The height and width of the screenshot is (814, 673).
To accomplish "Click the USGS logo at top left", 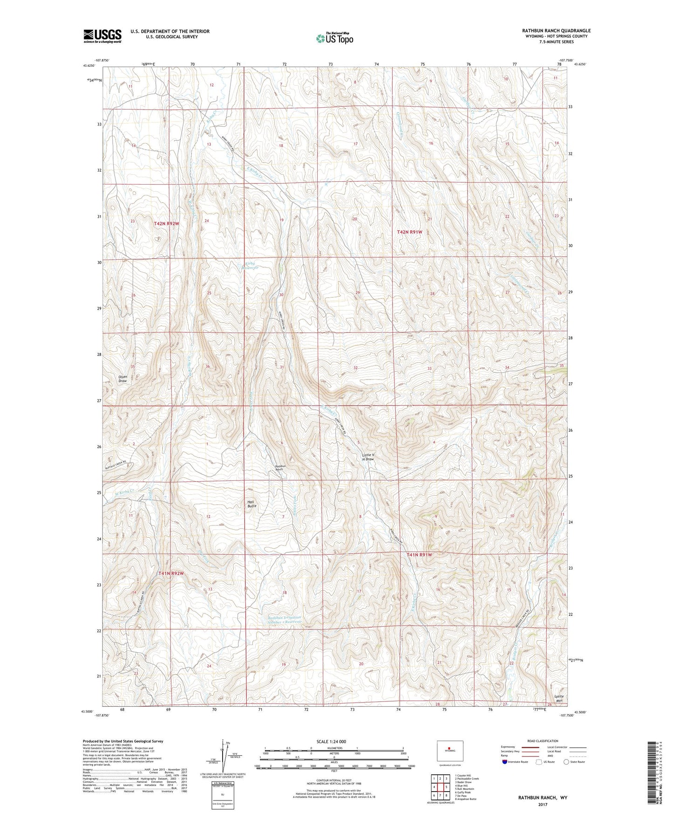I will [102, 35].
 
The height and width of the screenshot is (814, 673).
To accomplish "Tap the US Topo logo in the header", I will [334, 38].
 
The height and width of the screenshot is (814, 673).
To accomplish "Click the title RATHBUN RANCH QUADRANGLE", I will [556, 31].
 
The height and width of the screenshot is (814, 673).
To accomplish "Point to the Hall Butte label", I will [252, 503].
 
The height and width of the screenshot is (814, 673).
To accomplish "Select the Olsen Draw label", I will [122, 379].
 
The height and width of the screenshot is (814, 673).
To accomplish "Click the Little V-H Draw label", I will [368, 456].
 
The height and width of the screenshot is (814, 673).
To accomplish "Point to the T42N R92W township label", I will [166, 224].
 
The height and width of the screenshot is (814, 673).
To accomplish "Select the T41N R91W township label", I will [419, 555].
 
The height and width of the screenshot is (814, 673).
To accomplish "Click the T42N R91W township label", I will [409, 232].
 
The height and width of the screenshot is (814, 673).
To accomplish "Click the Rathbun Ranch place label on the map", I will [279, 468].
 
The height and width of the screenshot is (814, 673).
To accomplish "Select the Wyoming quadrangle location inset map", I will [449, 752].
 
